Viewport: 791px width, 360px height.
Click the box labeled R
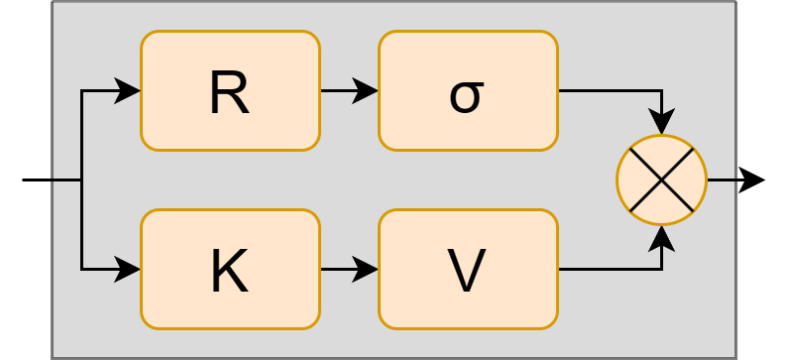tap(230, 91)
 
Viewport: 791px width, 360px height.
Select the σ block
tap(468, 91)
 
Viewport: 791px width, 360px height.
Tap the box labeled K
tap(230, 269)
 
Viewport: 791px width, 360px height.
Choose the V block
tap(468, 269)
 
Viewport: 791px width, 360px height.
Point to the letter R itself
tap(229, 93)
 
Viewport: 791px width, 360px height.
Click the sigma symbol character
tap(466, 95)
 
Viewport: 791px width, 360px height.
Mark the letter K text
tap(229, 271)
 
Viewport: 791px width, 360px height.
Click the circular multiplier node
tap(661, 180)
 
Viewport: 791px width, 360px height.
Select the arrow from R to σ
tap(349, 91)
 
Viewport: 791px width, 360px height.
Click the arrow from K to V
tap(349, 269)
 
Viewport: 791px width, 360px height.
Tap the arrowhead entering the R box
tap(129, 91)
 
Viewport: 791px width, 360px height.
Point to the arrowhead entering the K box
tap(129, 269)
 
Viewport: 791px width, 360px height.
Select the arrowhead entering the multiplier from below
tap(661, 238)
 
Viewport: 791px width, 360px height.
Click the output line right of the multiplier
tap(721, 180)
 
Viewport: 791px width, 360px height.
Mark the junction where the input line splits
tap(82, 180)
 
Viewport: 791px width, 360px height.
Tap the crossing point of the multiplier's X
tap(661, 180)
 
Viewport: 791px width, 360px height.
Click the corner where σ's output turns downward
tap(661, 91)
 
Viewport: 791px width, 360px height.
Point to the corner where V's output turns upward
tap(661, 269)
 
